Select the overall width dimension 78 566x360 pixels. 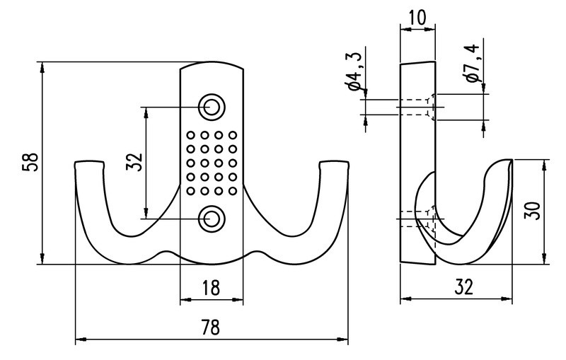211,327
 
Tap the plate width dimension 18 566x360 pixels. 211,288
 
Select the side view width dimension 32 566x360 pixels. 463,287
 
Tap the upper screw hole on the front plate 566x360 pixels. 211,106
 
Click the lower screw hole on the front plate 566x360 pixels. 211,218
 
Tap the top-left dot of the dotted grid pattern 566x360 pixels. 190,134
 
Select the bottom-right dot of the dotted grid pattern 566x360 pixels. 232,190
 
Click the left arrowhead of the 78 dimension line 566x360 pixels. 78,340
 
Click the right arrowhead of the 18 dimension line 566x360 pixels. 242,301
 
